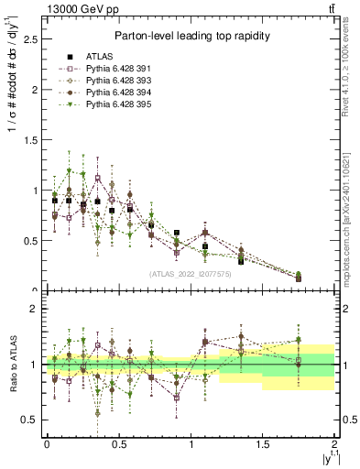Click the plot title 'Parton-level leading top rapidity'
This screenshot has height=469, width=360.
[191, 36]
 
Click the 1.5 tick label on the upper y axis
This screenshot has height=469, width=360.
[30, 140]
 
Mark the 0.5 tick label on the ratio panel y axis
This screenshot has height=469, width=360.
[30, 420]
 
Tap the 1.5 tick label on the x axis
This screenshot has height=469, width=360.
[264, 443]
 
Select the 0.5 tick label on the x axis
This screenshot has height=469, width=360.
[119, 443]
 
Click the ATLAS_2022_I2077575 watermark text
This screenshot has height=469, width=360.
[191, 274]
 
